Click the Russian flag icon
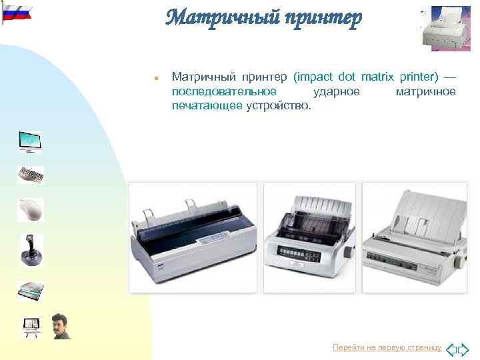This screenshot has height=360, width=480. click(x=17, y=12)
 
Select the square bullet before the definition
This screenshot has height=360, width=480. click(x=155, y=78)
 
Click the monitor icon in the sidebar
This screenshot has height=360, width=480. click(x=30, y=141)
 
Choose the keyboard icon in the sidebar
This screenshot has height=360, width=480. click(x=30, y=175)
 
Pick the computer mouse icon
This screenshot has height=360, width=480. click(x=30, y=209)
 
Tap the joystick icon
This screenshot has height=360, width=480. click(x=30, y=249)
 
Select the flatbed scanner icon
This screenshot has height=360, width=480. click(x=30, y=290)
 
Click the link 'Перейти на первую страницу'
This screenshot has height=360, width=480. click(x=387, y=347)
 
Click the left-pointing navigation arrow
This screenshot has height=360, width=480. click(x=451, y=349)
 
